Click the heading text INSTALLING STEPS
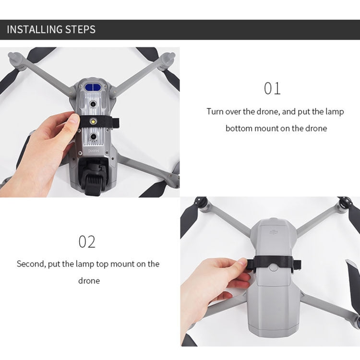tap(51, 30)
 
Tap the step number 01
tap(272, 88)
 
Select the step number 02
tap(87, 241)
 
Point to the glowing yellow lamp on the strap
tap(93, 120)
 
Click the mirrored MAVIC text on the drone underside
tap(94, 151)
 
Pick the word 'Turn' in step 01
tap(215, 111)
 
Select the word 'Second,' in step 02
tap(31, 264)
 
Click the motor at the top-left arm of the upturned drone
tap(16, 60)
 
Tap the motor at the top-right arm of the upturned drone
tap(168, 60)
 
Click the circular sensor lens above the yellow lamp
tap(93, 104)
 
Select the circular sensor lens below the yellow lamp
tap(93, 137)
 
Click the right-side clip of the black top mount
tap(297, 266)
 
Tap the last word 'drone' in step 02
tap(89, 281)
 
